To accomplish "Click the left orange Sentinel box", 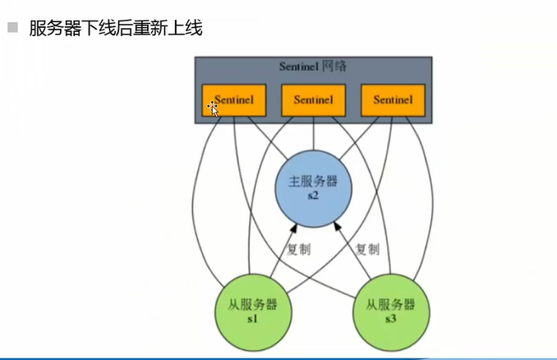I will pos(234,99).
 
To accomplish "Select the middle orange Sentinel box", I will pos(313,99).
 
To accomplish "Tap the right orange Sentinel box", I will pos(393,99).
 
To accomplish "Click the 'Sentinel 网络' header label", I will pos(313,67).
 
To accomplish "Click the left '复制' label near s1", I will pos(298,249).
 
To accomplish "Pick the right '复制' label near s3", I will pos(367,249).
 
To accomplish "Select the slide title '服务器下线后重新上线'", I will pos(115,28).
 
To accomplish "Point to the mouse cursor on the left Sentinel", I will pos(212,107).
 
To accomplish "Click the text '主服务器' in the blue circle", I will pos(313,182).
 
